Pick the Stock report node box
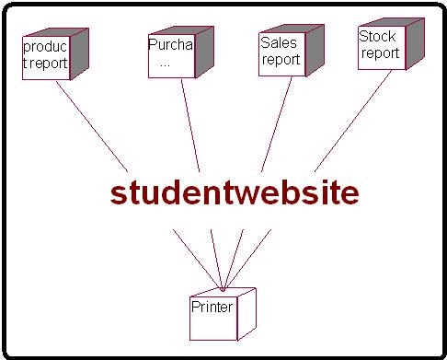click(379, 48)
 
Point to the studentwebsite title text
click(235, 193)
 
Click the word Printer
click(212, 307)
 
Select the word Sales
click(277, 42)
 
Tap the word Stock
click(377, 37)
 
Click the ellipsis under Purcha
click(165, 64)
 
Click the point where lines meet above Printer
click(223, 288)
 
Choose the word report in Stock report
click(380, 53)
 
